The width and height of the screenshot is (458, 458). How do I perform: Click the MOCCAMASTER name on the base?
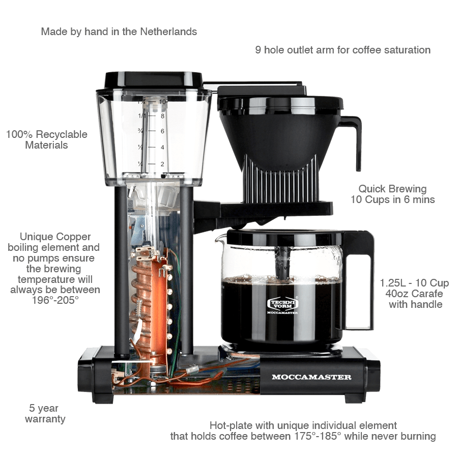[311, 377]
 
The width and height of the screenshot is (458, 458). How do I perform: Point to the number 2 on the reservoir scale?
[162, 164]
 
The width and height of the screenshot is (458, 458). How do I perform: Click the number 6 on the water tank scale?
[162, 131]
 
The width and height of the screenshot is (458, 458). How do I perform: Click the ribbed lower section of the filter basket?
[280, 176]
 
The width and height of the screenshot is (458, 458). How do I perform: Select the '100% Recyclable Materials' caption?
[47, 140]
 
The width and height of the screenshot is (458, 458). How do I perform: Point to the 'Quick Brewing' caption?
[392, 189]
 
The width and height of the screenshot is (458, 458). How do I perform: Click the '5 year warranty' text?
[45, 414]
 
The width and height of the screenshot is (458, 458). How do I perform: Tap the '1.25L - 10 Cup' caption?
[415, 283]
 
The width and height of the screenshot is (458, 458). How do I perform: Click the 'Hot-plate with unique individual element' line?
[303, 425]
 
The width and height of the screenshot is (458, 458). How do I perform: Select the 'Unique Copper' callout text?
[55, 237]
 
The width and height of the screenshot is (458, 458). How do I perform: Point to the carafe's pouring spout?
[220, 238]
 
